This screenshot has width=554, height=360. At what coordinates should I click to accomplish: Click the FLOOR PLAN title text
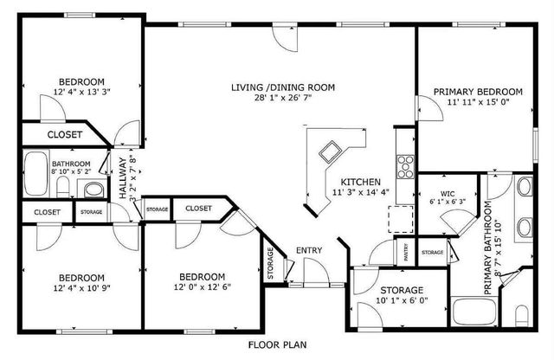pyautogui.click(x=277, y=344)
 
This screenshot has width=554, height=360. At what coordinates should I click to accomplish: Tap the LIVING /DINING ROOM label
pyautogui.click(x=282, y=87)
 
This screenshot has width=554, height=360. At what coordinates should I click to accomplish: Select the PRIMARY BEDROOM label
pyautogui.click(x=478, y=92)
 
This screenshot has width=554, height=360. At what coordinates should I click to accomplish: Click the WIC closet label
pyautogui.click(x=448, y=193)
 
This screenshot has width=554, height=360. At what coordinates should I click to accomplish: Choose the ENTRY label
pyautogui.click(x=309, y=251)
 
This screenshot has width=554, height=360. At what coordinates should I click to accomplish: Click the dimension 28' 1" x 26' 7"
pyautogui.click(x=282, y=98)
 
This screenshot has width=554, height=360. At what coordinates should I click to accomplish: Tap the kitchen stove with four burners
pyautogui.click(x=404, y=162)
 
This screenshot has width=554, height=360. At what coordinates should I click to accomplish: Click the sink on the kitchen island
pyautogui.click(x=330, y=152)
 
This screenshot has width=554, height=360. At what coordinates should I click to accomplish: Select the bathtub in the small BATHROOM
pyautogui.click(x=35, y=174)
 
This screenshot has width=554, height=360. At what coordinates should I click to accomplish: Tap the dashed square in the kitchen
pyautogui.click(x=401, y=220)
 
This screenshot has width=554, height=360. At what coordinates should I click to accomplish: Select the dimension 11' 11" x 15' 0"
pyautogui.click(x=478, y=102)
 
